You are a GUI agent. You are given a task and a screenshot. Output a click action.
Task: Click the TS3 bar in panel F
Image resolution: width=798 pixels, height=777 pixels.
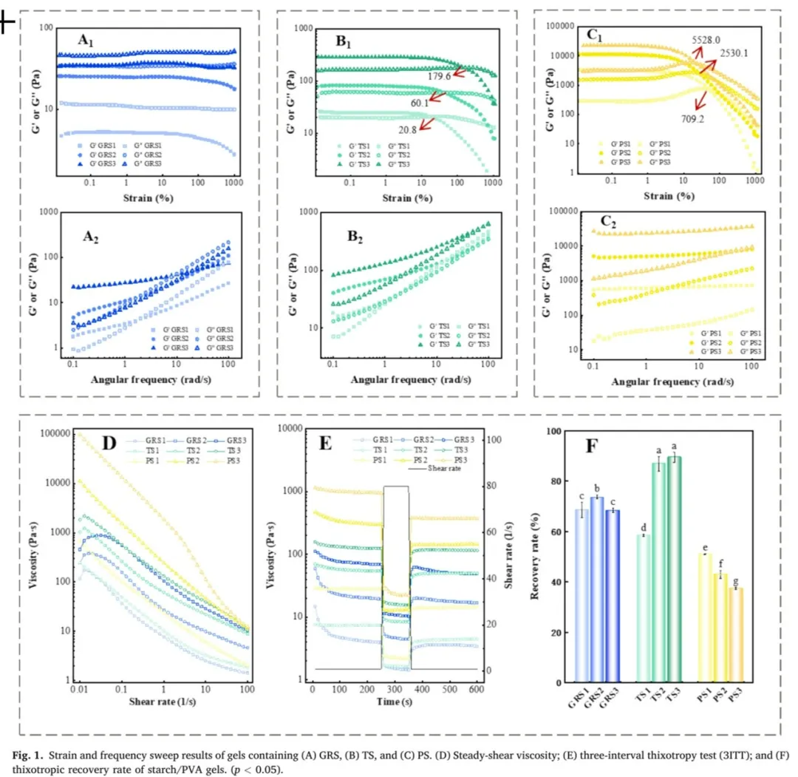coord(674,569)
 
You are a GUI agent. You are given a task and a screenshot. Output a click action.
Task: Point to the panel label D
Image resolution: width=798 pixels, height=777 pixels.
coord(109,444)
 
